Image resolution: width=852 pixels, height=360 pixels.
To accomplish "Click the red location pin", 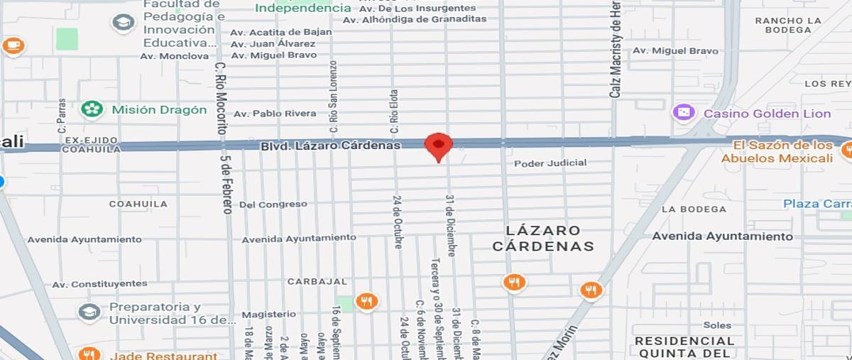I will [x=438, y=146].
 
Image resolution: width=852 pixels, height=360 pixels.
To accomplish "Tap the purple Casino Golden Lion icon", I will [x=684, y=113].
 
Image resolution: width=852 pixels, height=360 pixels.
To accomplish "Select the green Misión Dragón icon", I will [x=92, y=109].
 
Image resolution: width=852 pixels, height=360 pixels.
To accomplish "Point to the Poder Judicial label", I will [x=550, y=163].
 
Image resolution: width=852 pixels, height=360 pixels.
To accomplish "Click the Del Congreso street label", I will [x=273, y=204].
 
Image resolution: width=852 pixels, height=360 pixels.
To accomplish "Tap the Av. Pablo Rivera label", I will [x=275, y=114].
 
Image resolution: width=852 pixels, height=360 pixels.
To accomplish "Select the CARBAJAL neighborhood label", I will [x=317, y=281].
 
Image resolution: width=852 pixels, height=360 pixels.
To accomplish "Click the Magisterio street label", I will [x=268, y=314].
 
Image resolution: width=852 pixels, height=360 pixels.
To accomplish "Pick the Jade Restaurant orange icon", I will [x=89, y=354].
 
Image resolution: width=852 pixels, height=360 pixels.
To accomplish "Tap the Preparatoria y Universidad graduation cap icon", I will [x=89, y=312].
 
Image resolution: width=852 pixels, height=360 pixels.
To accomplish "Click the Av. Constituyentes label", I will [x=99, y=284].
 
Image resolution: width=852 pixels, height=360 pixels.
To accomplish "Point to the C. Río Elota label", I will [x=394, y=111].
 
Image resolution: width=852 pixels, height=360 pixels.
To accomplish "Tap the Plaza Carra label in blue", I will [x=816, y=204].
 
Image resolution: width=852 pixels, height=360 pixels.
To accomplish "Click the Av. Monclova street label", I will [x=175, y=56].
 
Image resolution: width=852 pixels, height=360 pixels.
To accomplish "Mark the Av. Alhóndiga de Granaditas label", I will [x=415, y=19].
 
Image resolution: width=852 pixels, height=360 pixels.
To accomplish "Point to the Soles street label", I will [x=717, y=325].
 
